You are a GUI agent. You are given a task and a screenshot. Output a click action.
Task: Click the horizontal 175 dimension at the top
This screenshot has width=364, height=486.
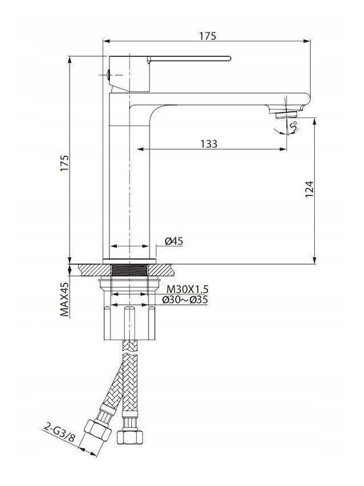coord(208,36)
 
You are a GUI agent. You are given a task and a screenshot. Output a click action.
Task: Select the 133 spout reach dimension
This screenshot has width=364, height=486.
coord(209,144)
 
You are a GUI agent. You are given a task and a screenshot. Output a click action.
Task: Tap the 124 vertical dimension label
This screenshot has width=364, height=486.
coord(309,189)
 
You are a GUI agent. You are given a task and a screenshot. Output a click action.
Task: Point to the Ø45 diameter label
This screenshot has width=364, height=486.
coord(174,241)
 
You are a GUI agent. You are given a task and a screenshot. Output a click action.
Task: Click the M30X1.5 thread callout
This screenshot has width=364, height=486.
coord(187,290)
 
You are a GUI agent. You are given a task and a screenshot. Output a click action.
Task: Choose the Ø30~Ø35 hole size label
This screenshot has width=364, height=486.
coord(185,300)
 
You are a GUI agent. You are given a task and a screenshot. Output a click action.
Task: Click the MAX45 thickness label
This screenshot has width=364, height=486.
coord(65,300)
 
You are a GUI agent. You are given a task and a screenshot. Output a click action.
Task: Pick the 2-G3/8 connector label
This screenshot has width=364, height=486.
coord(59,433)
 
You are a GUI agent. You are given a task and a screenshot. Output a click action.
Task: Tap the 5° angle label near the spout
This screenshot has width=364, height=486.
coord(294,126)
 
